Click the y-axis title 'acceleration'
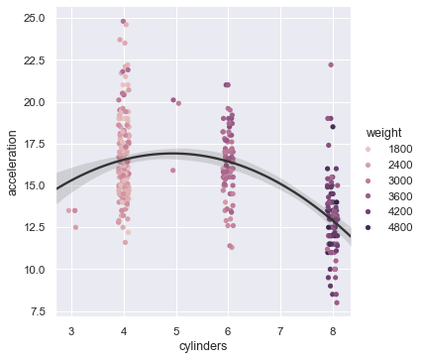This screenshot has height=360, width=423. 14,163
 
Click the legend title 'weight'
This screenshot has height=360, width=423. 381,133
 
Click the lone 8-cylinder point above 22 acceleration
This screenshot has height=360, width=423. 331,65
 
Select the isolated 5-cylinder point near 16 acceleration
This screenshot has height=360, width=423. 172,170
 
